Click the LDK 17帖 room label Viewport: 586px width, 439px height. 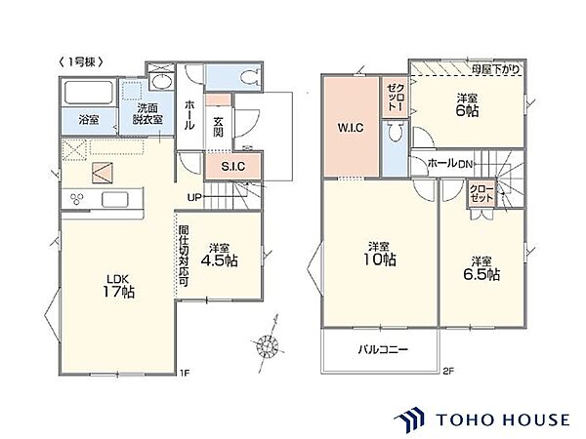click(118, 286)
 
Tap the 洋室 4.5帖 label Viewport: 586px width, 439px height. click(219, 255)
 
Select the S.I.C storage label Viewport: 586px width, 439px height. click(233, 166)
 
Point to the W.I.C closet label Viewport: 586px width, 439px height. click(351, 128)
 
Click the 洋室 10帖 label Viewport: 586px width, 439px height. click(380, 254)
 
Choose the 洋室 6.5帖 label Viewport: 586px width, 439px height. click(481, 268)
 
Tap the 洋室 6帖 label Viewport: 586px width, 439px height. click(467, 105)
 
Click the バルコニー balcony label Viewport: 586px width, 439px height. click(383, 350)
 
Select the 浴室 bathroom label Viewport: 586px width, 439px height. click(89, 120)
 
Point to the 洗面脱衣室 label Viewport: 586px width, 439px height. click(147, 114)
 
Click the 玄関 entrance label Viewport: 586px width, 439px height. click(218, 127)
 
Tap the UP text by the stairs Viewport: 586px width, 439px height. click(194, 197)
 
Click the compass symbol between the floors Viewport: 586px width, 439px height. click(268, 344)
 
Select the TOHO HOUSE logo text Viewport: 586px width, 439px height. click(503, 419)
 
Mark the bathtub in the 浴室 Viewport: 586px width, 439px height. click(89, 93)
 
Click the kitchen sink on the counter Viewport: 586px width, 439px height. click(114, 199)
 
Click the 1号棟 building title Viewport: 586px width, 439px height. click(80, 62)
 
